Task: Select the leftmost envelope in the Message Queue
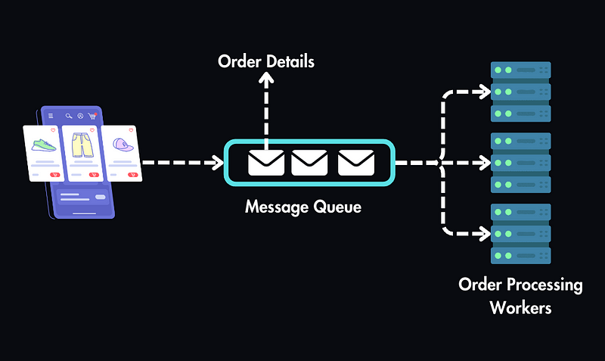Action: click(266, 163)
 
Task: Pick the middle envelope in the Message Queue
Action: click(309, 163)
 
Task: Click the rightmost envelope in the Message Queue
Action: click(355, 163)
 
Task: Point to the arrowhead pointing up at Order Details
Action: click(266, 79)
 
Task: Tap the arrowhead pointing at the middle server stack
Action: click(482, 163)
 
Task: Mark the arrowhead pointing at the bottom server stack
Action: click(482, 232)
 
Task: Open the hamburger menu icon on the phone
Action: click(51, 116)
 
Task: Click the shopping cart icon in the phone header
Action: click(92, 116)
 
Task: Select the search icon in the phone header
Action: click(69, 116)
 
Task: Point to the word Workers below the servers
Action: click(520, 308)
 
